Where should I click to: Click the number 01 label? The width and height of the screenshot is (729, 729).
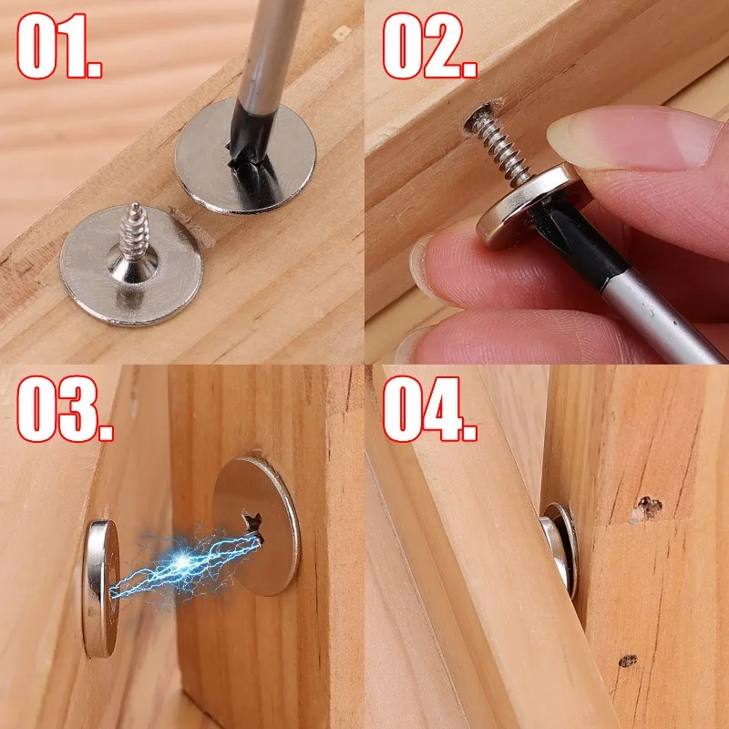click(59, 46)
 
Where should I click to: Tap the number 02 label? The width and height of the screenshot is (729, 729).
click(429, 46)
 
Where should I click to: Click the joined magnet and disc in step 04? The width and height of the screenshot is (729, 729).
click(559, 547)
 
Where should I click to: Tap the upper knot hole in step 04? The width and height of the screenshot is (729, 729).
click(648, 505)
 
